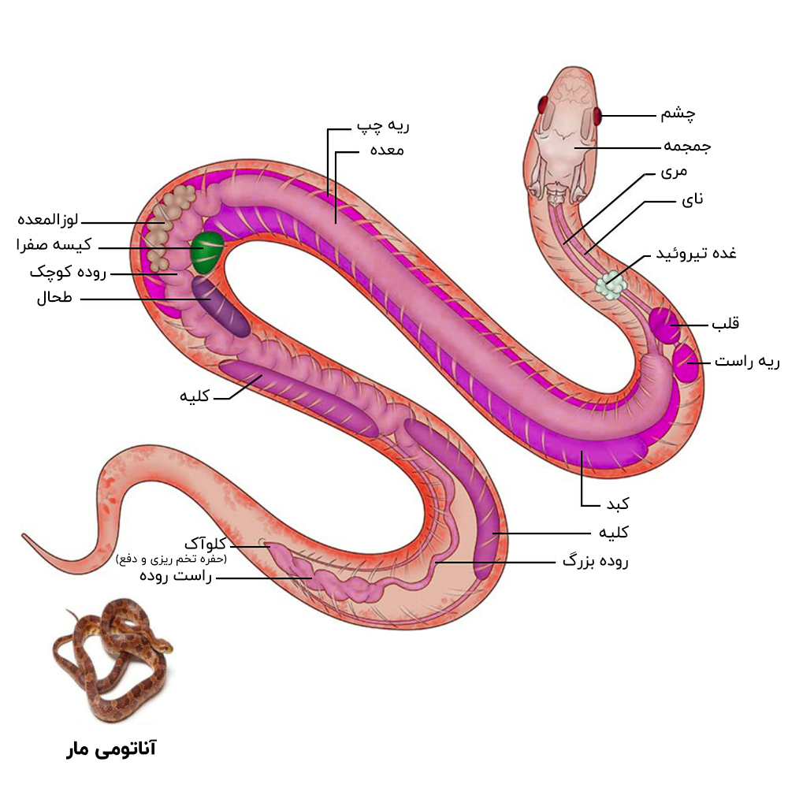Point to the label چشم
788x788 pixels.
(678, 115)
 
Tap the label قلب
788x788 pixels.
(725, 323)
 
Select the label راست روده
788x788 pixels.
(176, 577)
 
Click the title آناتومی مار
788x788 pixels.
(111, 749)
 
